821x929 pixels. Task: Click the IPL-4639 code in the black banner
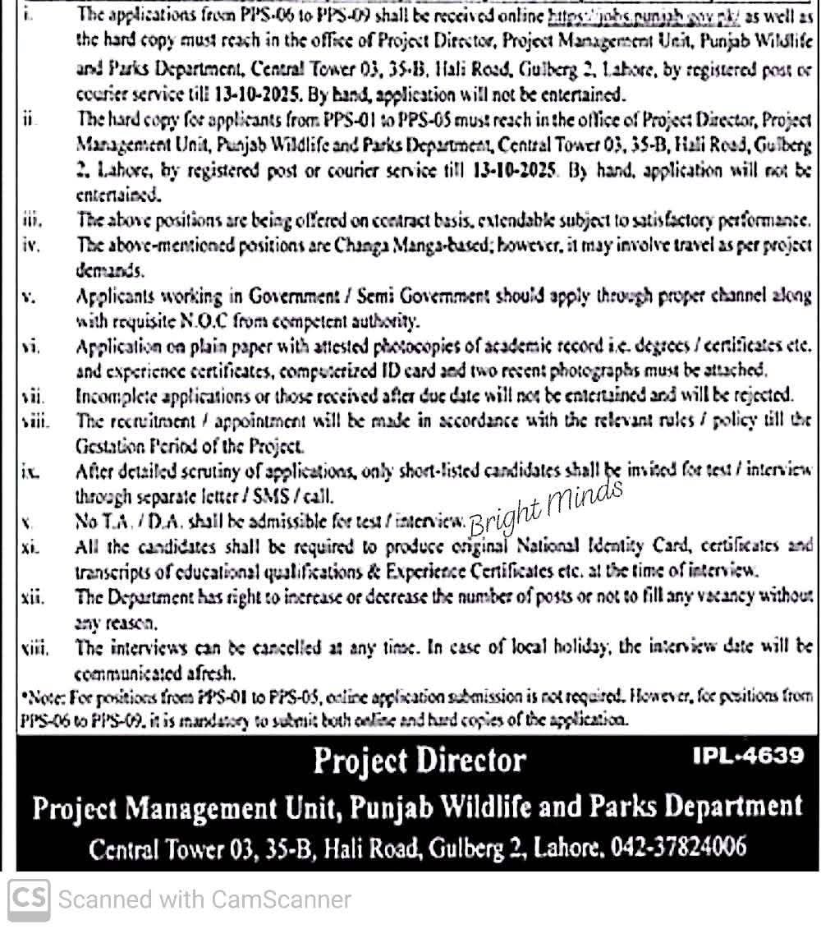(x=749, y=755)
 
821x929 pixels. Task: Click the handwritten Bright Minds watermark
(x=545, y=506)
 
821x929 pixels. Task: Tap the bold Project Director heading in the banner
(x=419, y=760)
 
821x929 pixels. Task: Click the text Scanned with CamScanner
(x=205, y=899)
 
